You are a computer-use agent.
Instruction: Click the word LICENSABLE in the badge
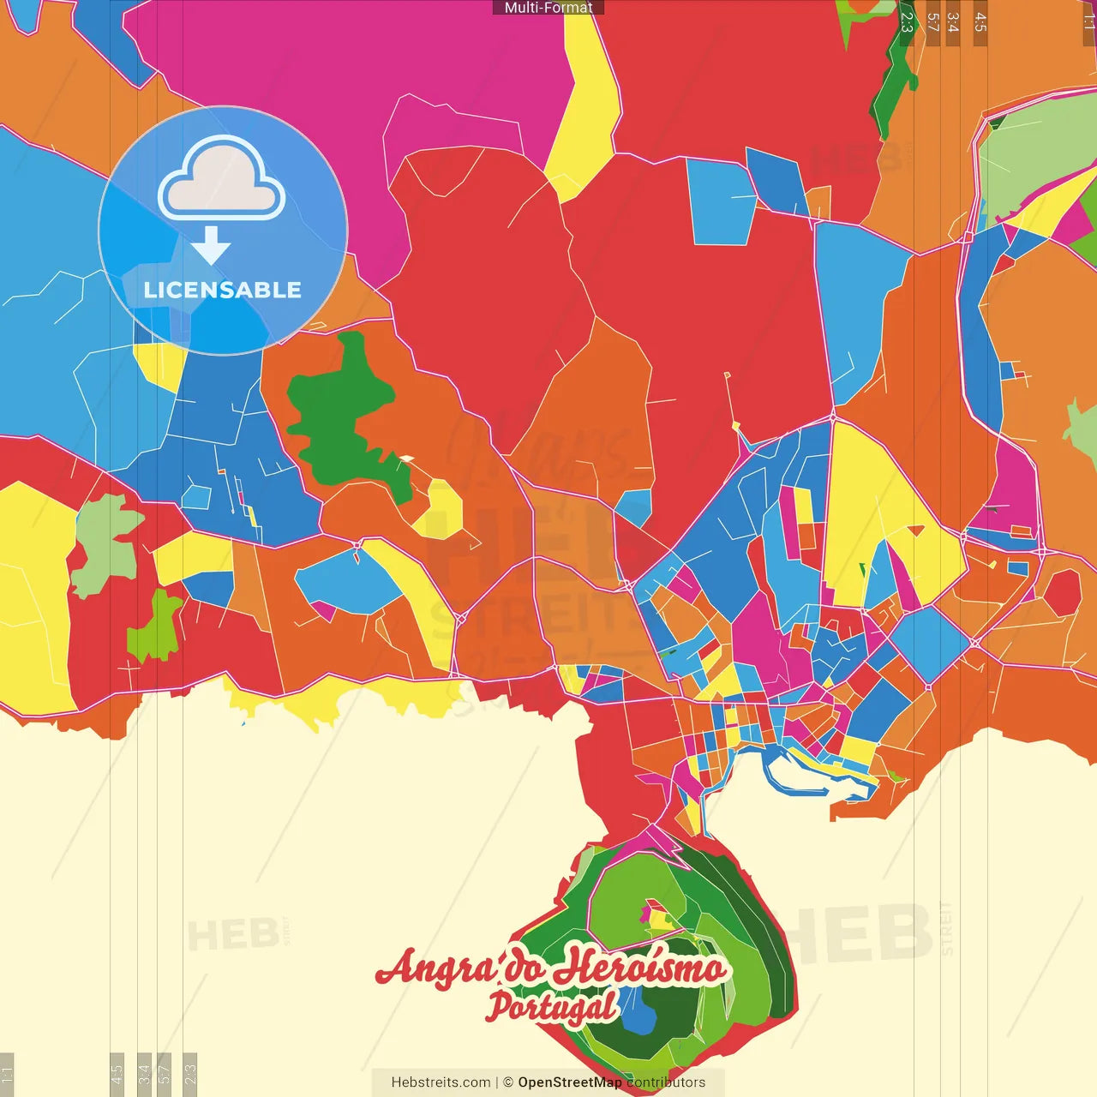(x=223, y=290)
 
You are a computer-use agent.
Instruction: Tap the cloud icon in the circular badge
(x=222, y=181)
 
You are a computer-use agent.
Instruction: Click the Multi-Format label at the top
(x=548, y=8)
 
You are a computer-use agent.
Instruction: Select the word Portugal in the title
(x=552, y=1007)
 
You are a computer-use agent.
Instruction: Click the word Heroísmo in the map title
(x=638, y=968)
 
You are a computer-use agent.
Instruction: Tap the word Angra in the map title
(x=437, y=968)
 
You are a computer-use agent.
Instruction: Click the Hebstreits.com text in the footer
(x=441, y=1082)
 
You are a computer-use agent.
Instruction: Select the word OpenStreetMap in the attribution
(x=570, y=1082)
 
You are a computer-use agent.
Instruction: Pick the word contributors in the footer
(x=666, y=1082)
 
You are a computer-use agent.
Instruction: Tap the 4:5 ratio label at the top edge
(x=980, y=22)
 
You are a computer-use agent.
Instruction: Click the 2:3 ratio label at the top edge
(x=907, y=22)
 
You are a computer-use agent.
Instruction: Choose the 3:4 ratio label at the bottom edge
(x=144, y=1073)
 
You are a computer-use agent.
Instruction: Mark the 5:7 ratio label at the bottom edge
(x=165, y=1073)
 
